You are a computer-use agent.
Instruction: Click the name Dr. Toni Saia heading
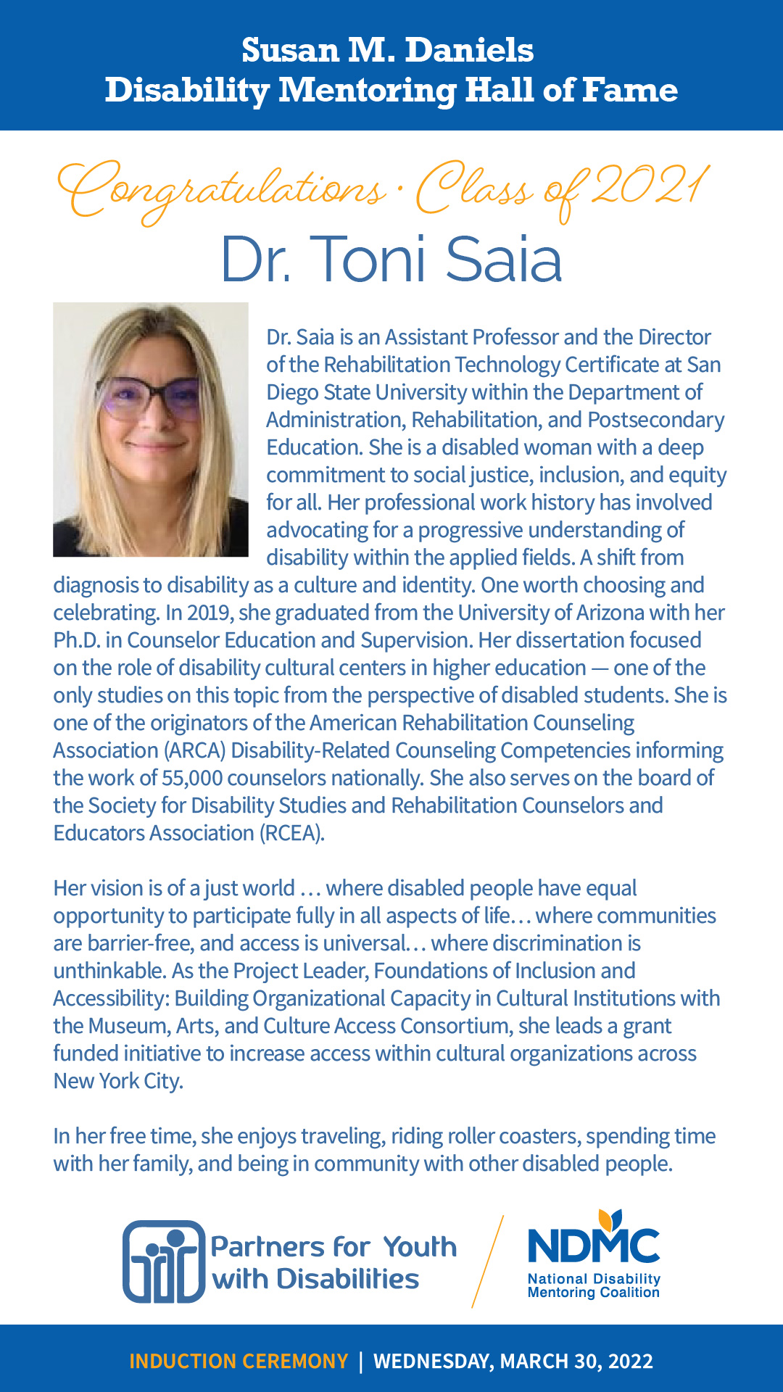pos(391,260)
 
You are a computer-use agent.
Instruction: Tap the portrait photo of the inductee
pos(151,429)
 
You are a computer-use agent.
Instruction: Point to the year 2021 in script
pos(649,186)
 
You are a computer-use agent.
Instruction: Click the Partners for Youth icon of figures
pos(164,1261)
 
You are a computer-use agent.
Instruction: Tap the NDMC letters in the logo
pos(593,1246)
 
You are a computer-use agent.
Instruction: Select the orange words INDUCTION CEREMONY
pos(239,1361)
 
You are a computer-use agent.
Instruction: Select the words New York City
pos(117,1081)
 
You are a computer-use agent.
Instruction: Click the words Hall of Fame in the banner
pos(571,91)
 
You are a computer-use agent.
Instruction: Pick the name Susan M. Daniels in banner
pos(388,50)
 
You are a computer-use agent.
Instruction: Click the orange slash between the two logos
pos(487,1261)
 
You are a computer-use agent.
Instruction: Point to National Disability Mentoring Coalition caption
pos(594,1285)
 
